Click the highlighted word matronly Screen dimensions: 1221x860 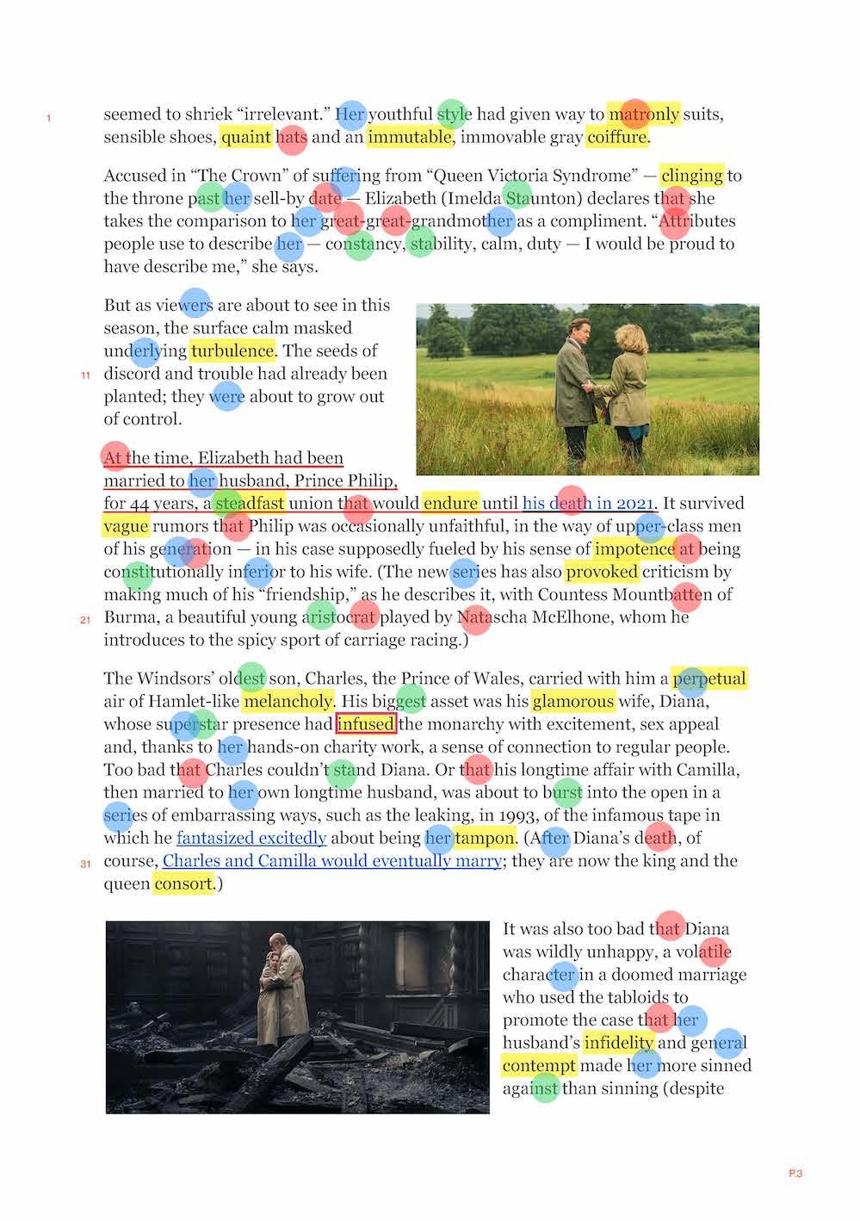point(644,114)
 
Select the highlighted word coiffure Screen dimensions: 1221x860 point(617,137)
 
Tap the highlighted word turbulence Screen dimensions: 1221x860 point(232,350)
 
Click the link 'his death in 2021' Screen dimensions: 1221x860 point(589,503)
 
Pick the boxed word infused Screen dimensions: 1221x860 point(366,724)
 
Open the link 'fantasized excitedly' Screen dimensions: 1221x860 point(251,838)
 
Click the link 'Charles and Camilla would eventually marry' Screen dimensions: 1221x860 point(332,861)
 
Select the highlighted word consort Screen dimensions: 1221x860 point(183,883)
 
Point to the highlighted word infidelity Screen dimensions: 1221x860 point(618,1043)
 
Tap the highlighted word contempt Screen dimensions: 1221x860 point(539,1066)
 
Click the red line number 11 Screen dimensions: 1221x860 point(85,375)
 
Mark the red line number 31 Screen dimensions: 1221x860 point(85,864)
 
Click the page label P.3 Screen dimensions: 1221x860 point(795,1174)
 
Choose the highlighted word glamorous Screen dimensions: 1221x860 point(573,701)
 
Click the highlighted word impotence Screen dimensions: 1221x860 point(634,549)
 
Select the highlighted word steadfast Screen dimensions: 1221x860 point(250,503)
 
